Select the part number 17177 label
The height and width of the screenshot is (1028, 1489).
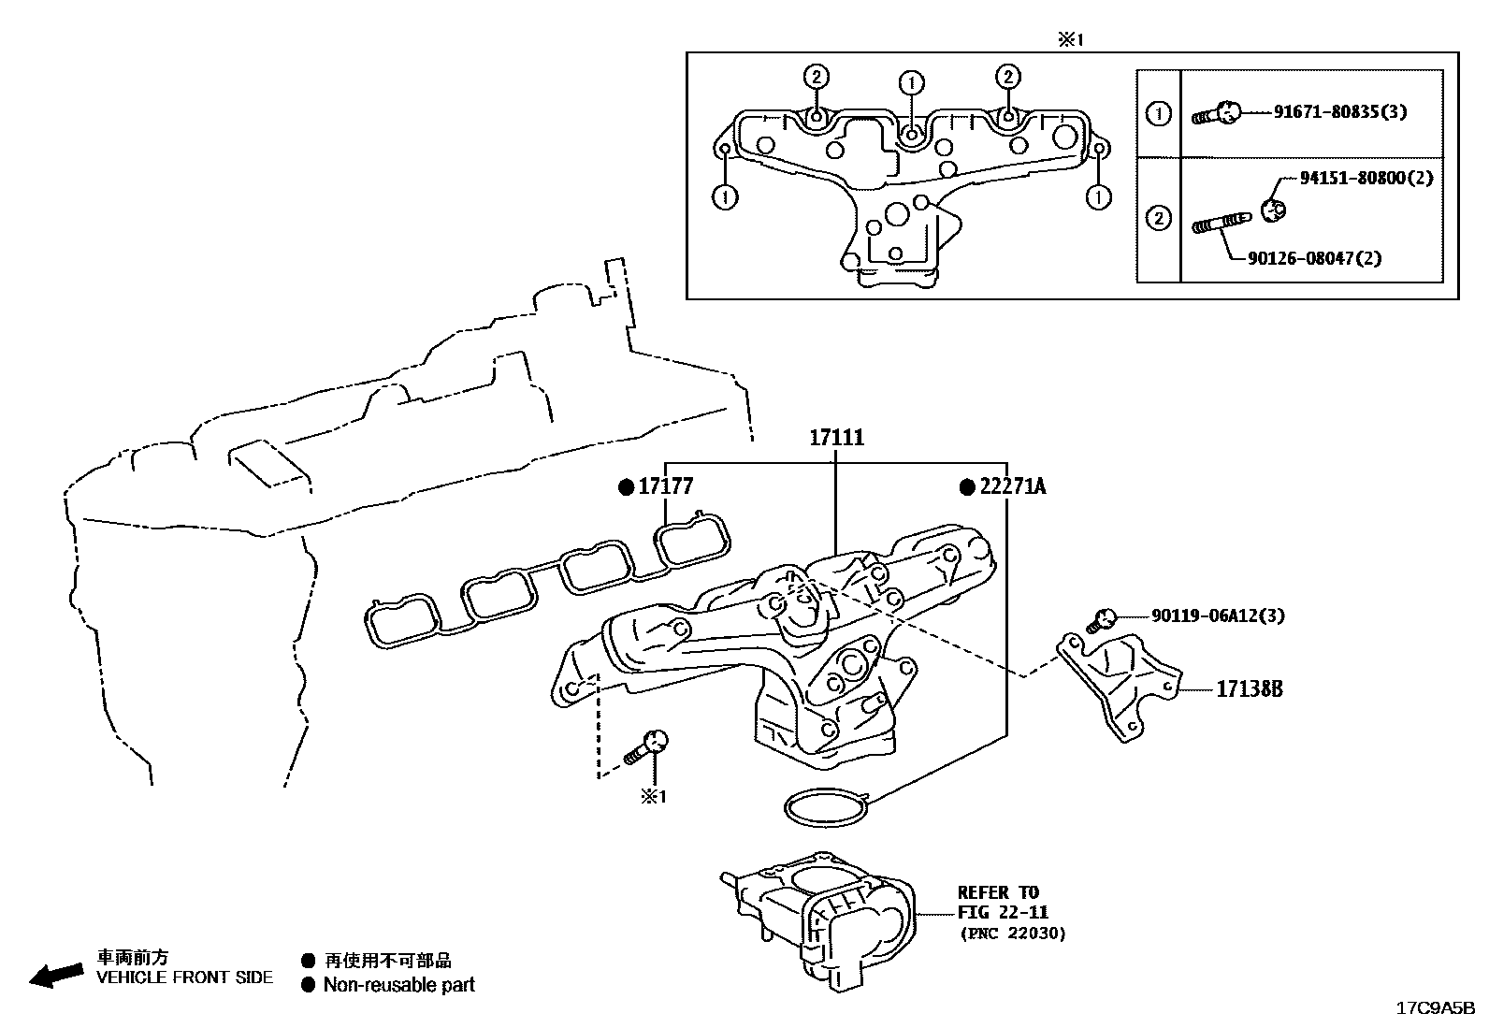point(665,487)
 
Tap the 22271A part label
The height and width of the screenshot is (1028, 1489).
point(1012,487)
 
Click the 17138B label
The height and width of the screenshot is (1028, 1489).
point(1249,689)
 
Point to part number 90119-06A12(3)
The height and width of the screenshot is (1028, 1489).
point(1217,615)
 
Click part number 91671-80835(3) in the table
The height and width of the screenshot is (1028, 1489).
point(1339,112)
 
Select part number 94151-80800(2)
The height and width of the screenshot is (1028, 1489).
point(1366,178)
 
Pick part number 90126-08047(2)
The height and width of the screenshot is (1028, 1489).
point(1313,257)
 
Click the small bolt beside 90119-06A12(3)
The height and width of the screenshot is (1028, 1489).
point(1101,619)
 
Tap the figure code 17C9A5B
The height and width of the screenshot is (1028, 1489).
point(1434,1008)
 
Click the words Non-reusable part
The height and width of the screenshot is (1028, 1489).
point(398,985)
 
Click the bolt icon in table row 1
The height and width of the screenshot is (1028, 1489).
point(1216,114)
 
